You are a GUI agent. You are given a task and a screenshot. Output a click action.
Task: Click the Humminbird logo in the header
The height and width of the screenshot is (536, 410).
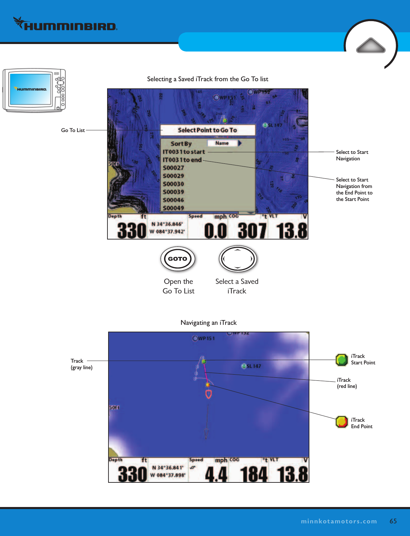pyautogui.click(x=65, y=25)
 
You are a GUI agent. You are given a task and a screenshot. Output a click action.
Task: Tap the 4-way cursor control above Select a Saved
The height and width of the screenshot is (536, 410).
pyautogui.click(x=237, y=259)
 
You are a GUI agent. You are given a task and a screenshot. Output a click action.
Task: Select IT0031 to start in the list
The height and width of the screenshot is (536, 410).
pyautogui.click(x=184, y=152)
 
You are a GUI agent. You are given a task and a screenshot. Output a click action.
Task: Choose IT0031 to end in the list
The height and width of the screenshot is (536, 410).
pyautogui.click(x=182, y=160)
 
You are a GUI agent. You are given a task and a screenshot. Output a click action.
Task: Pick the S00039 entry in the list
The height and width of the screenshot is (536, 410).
pyautogui.click(x=173, y=192)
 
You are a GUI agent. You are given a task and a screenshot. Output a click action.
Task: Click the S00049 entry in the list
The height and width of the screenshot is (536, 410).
pyautogui.click(x=173, y=208)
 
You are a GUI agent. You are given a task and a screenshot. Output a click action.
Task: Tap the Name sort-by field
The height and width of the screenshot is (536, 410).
pyautogui.click(x=222, y=143)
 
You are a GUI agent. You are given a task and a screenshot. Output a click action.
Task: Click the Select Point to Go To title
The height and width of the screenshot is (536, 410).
pyautogui.click(x=207, y=130)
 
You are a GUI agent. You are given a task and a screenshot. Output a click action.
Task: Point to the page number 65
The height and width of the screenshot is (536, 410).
pyautogui.click(x=393, y=521)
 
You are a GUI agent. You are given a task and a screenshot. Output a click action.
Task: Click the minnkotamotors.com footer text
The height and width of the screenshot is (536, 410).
pyautogui.click(x=339, y=521)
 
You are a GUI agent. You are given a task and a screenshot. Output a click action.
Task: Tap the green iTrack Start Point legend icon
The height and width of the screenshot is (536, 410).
pyautogui.click(x=341, y=360)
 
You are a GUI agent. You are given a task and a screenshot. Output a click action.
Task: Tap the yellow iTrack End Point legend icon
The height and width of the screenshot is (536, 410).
pyautogui.click(x=341, y=422)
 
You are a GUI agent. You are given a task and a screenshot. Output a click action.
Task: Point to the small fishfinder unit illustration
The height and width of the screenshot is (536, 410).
pyautogui.click(x=34, y=90)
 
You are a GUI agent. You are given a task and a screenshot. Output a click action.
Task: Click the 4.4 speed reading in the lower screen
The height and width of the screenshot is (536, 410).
pyautogui.click(x=216, y=474)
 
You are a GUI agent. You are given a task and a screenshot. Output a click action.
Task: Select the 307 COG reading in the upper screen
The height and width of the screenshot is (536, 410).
pyautogui.click(x=252, y=231)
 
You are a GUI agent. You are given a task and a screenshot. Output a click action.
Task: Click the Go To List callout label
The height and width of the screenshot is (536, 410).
pyautogui.click(x=73, y=130)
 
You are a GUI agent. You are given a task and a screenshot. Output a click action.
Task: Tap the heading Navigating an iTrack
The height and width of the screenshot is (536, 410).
pyautogui.click(x=208, y=323)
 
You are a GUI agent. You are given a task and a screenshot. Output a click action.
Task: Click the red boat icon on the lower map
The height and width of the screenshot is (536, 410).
pyautogui.click(x=208, y=394)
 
